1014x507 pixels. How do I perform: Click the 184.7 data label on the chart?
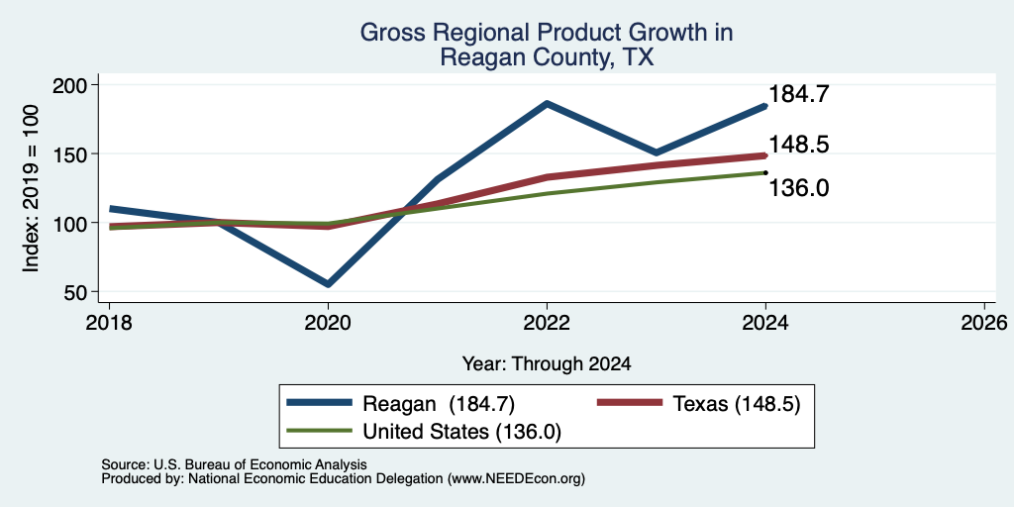pos(799,94)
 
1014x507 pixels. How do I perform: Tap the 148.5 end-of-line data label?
pos(799,145)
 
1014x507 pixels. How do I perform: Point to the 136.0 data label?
pos(799,188)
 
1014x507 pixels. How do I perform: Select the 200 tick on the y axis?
pos(80,85)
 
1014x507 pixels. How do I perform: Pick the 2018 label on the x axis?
pos(109,323)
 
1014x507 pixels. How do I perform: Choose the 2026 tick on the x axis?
pos(984,323)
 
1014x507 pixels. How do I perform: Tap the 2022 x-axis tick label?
pos(547,323)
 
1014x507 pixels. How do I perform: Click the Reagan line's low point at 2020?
pos(329,284)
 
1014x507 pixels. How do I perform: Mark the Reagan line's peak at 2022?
pos(547,103)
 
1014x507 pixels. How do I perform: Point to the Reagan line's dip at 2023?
pos(657,152)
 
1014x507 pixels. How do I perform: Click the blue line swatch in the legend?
pos(320,403)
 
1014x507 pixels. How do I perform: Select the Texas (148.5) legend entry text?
pos(737,404)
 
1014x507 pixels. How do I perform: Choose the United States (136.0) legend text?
pos(461,432)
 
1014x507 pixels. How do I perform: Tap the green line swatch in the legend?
pos(320,431)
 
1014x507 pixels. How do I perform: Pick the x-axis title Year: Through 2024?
pos(547,363)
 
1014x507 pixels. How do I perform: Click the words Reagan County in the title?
pos(525,58)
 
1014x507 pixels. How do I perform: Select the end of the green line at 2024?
pos(765,172)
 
